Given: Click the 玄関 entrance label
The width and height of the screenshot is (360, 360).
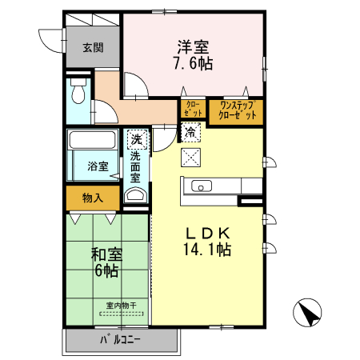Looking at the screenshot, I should (x=92, y=47).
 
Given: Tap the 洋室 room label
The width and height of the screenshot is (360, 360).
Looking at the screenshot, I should (x=193, y=47).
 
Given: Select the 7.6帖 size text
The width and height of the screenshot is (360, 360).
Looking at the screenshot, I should (x=193, y=64).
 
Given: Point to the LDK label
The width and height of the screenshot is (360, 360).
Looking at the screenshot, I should (x=209, y=232).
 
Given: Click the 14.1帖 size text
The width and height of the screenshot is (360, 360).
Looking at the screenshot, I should (x=209, y=250).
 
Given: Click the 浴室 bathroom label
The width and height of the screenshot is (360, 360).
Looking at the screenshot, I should (x=98, y=166).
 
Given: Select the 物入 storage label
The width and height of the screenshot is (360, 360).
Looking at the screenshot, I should (x=93, y=197).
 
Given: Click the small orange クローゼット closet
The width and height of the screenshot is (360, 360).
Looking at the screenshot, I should (x=192, y=110).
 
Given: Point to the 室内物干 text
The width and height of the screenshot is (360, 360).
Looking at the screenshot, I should (x=121, y=305).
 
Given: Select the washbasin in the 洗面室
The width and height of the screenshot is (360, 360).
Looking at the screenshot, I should (x=137, y=197).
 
